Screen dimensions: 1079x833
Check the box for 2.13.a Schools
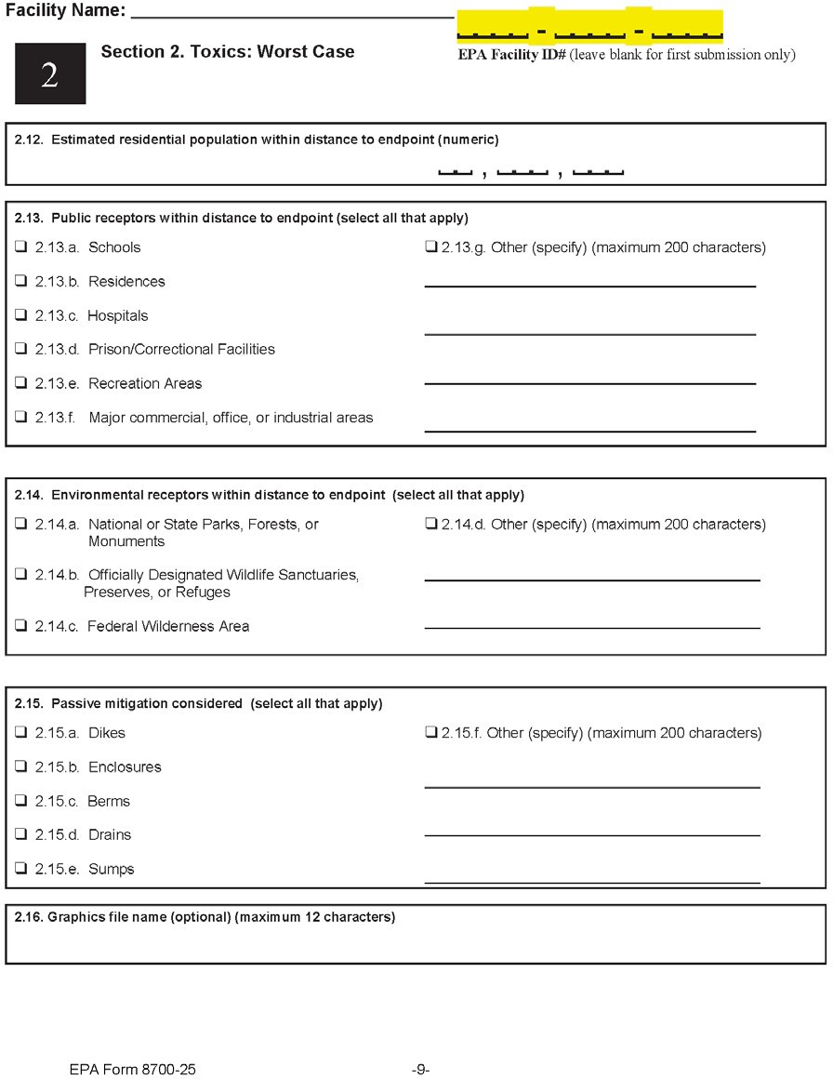coord(20,247)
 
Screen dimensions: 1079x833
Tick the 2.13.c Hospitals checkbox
coord(20,315)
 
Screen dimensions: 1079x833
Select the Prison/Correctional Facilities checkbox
coord(20,349)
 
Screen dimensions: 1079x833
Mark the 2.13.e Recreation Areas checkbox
coord(20,383)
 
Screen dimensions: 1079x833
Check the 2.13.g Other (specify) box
coord(431,247)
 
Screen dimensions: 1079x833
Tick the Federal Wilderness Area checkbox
coord(20,626)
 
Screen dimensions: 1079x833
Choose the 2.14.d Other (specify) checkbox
coord(431,524)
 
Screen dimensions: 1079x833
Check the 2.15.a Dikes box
coord(20,733)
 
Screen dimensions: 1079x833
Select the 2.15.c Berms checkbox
coord(20,801)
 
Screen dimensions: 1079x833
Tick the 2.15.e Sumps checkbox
coord(20,869)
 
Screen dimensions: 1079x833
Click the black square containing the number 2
coord(49,74)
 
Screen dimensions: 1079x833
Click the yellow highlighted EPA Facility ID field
coord(589,26)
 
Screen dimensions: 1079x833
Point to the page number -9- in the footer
coord(420,1070)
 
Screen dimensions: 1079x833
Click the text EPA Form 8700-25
coord(132,1070)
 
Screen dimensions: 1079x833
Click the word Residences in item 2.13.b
coord(126,282)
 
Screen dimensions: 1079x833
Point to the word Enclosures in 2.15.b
coord(125,767)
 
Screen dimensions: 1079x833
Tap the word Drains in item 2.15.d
coord(110,835)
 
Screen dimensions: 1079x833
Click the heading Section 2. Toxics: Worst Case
coord(227,52)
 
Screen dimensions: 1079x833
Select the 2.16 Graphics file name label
coord(205,917)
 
